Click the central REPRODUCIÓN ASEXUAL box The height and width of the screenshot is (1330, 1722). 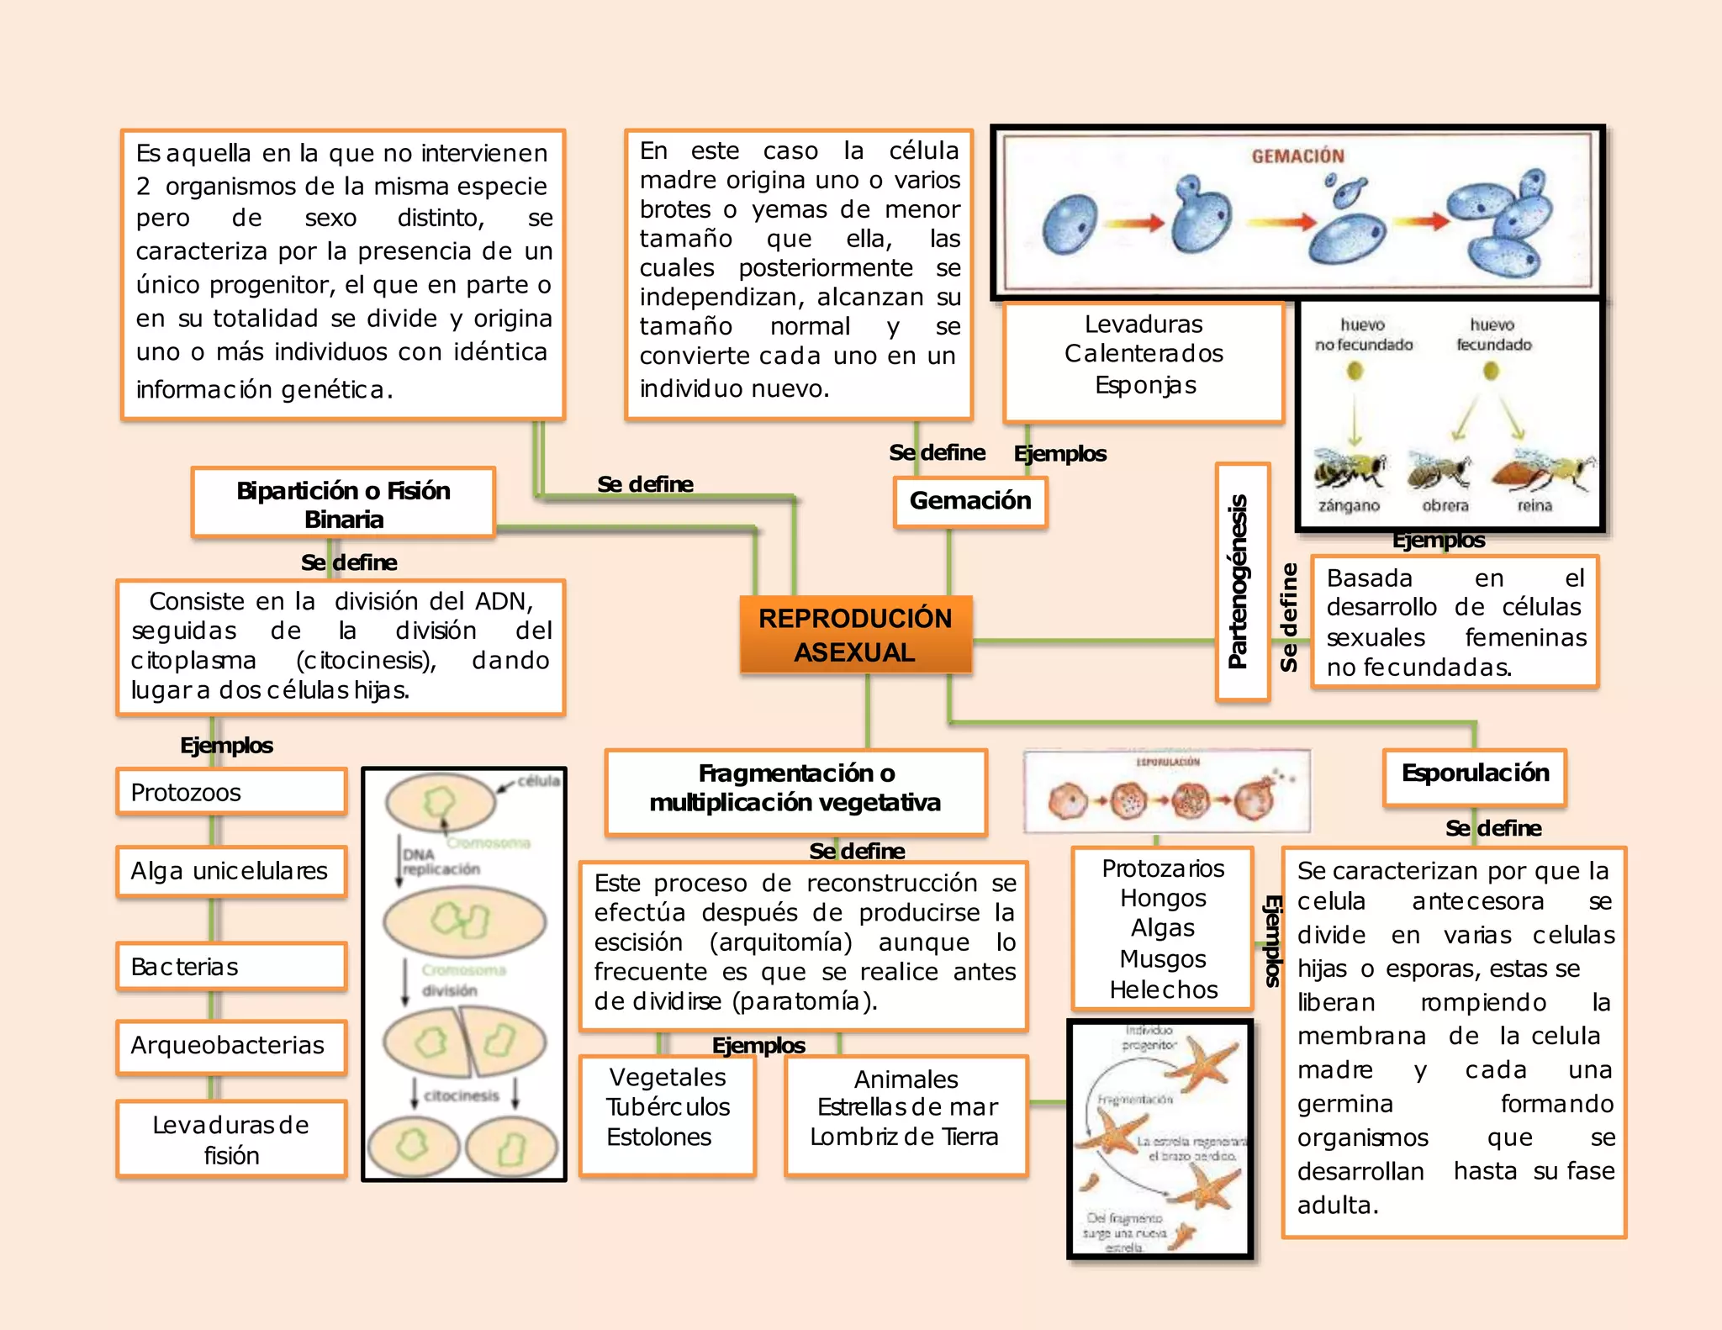(x=855, y=635)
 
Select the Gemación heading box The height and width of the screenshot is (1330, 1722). (x=969, y=502)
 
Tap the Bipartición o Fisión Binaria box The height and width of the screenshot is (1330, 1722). (x=343, y=504)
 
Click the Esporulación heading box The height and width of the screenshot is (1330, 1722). (x=1475, y=774)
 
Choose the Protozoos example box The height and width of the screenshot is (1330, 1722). (x=231, y=792)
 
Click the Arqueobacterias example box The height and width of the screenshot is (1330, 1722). (x=231, y=1046)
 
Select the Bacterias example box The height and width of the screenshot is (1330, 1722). (x=231, y=967)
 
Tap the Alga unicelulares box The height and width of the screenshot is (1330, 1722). (x=231, y=871)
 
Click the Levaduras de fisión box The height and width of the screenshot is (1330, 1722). (x=231, y=1139)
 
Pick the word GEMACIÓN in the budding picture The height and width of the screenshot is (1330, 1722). (x=1297, y=156)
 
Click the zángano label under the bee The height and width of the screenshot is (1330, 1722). (x=1349, y=506)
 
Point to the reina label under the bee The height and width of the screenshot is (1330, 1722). (x=1534, y=506)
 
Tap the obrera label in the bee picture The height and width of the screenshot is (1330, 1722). (x=1445, y=506)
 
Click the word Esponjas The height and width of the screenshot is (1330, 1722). (x=1145, y=386)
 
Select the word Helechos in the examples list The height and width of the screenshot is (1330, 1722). (x=1164, y=990)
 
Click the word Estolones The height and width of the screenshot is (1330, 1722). (x=659, y=1137)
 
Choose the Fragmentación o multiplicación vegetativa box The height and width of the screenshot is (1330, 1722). (x=795, y=789)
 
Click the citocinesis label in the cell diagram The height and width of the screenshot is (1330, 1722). (x=462, y=1096)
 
